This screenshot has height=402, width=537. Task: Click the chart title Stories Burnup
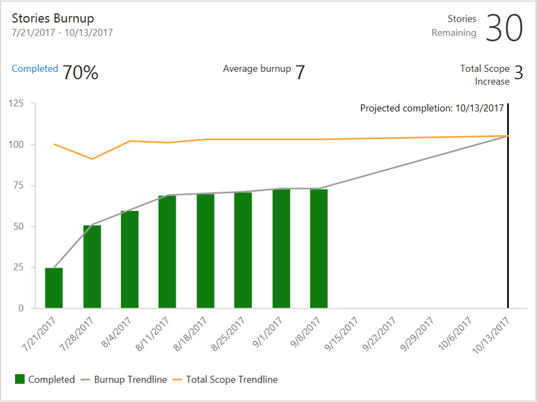[54, 18]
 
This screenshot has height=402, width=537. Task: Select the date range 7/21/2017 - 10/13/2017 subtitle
[62, 32]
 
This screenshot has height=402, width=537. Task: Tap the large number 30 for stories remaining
[504, 28]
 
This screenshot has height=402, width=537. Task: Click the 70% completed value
[80, 72]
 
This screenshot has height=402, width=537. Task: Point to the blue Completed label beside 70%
[35, 69]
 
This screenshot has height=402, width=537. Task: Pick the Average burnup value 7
[300, 72]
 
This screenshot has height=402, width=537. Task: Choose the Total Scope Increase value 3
[518, 73]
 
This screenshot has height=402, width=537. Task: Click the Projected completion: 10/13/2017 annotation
[432, 108]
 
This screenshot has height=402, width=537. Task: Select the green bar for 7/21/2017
[54, 288]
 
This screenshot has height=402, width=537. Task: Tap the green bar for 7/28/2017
[92, 267]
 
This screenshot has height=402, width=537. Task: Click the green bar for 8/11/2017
[167, 252]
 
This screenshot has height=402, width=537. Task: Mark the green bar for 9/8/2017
[319, 248]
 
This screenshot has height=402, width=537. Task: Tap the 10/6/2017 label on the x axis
[456, 333]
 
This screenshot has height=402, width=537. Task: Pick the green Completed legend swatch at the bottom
[20, 380]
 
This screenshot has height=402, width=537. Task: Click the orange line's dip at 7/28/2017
[92, 159]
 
